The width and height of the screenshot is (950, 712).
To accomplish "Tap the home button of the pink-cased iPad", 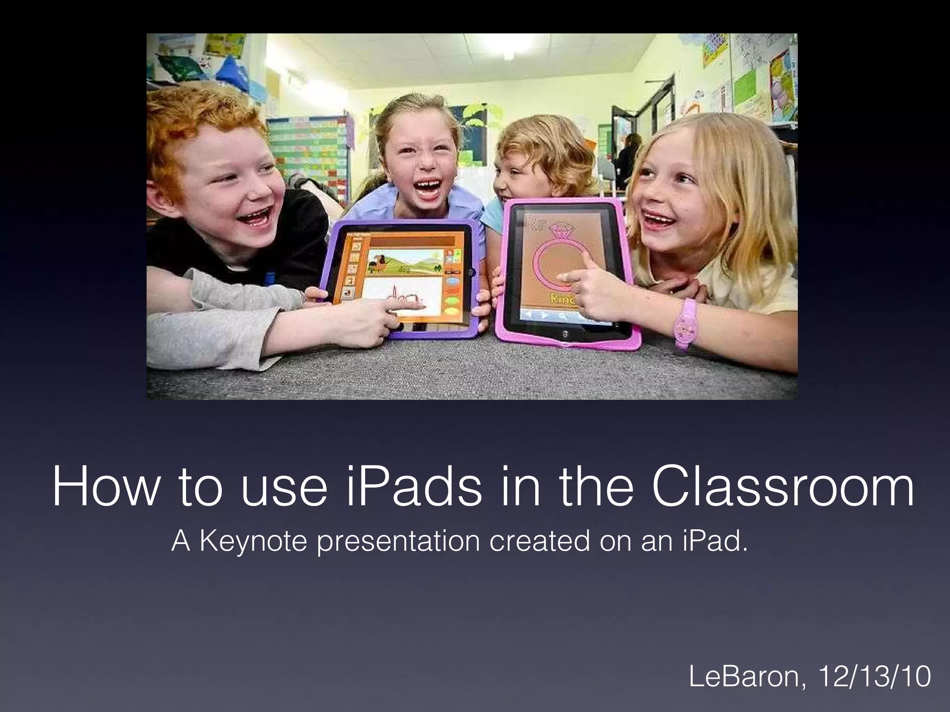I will (565, 333).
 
